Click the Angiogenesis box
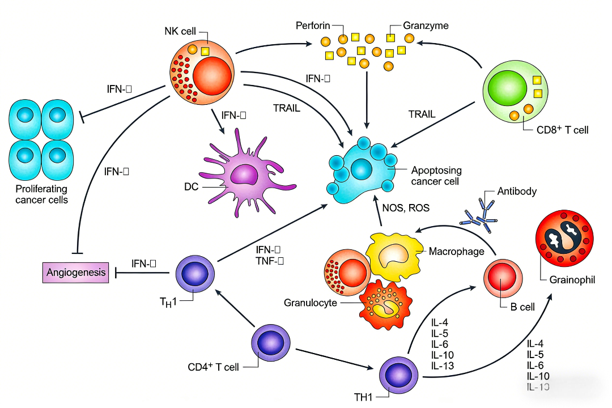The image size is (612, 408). pyautogui.click(x=76, y=273)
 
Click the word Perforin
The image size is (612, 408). pyautogui.click(x=313, y=25)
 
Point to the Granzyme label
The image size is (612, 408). pyautogui.click(x=426, y=25)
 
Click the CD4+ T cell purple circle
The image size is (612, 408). pyautogui.click(x=271, y=343)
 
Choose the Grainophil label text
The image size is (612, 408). pyautogui.click(x=572, y=279)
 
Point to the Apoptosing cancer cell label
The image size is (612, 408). pyautogui.click(x=436, y=176)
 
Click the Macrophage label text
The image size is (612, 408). pyautogui.click(x=456, y=251)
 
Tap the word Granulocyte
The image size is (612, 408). pyautogui.click(x=311, y=303)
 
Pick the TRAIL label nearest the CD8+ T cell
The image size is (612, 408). pyautogui.click(x=422, y=114)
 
